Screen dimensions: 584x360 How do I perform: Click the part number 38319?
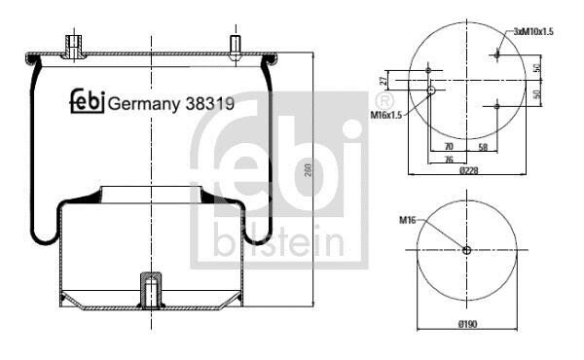210,103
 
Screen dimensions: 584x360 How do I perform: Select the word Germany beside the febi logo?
144,105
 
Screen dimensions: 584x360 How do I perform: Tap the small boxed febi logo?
88,101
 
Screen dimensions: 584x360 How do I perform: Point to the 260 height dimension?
308,170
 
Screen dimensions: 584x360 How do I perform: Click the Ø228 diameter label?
468,170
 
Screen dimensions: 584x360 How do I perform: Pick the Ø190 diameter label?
468,324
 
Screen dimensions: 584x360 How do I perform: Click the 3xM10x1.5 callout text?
533,32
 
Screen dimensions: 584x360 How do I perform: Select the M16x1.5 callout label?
386,115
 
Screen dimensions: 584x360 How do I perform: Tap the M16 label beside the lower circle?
407,221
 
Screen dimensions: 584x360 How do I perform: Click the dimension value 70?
449,146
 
